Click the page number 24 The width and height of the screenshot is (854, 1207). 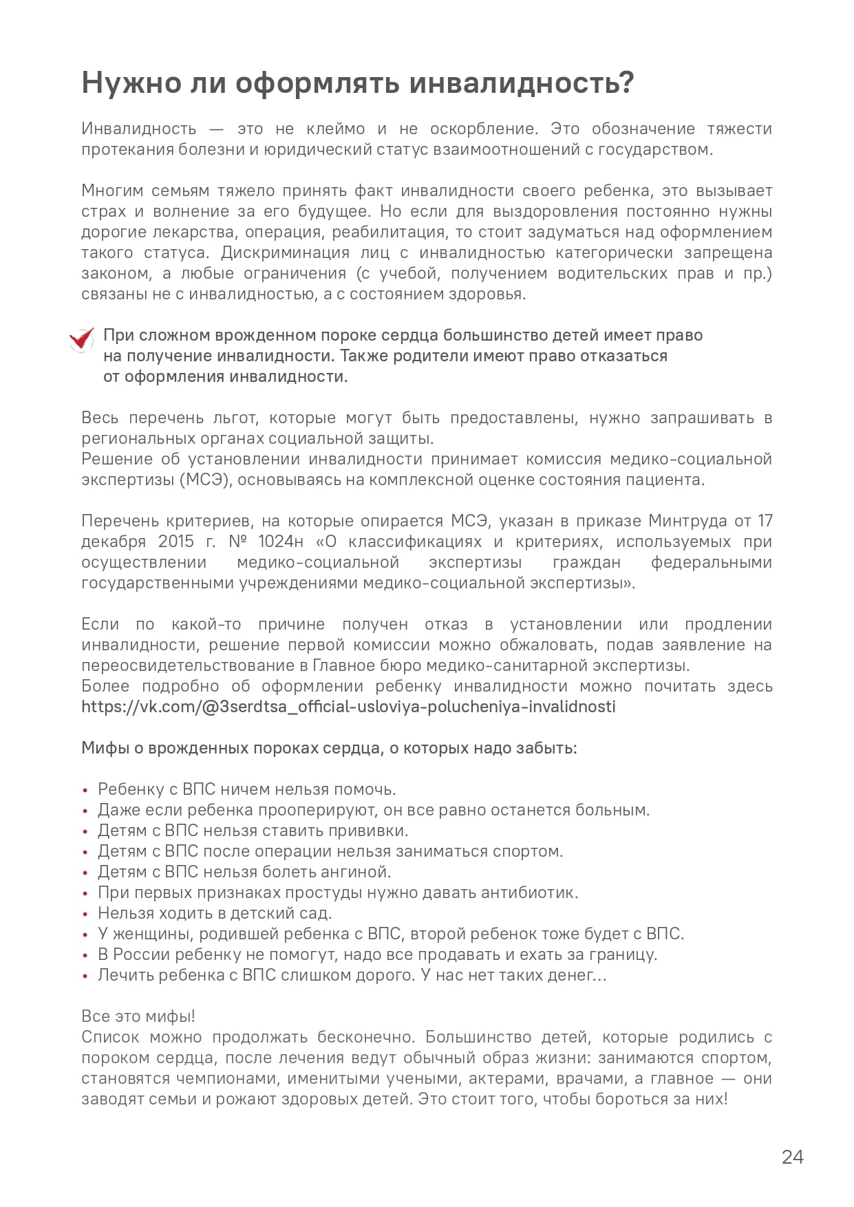click(792, 1157)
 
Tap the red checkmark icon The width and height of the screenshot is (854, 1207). click(82, 339)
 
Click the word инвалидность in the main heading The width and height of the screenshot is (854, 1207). click(521, 83)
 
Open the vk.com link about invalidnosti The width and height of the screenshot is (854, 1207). click(348, 707)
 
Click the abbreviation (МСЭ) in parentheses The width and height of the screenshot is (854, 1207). click(204, 480)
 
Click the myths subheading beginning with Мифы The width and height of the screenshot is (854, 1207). click(329, 748)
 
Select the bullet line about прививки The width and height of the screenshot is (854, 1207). click(253, 831)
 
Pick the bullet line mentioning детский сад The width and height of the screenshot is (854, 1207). click(215, 913)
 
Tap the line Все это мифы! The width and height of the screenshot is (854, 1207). click(138, 1016)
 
